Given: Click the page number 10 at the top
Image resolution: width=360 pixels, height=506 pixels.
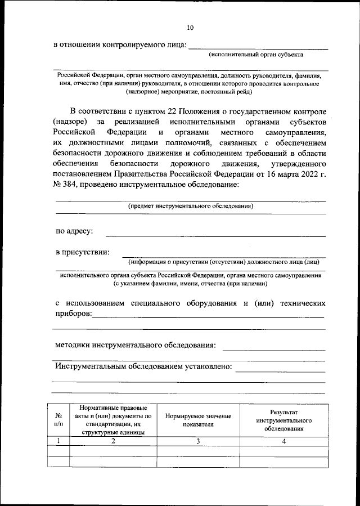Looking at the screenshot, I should tap(190, 26).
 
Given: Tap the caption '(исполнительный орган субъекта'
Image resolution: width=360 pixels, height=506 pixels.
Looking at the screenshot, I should tap(256, 55).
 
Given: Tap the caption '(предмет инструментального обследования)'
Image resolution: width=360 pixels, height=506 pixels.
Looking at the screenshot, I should tap(190, 206).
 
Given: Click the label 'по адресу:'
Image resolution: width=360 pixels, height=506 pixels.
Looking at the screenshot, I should tap(74, 231).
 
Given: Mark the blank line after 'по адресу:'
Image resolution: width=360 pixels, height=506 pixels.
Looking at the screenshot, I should tap(215, 235).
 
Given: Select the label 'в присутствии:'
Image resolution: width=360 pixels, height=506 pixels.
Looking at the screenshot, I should tap(82, 252).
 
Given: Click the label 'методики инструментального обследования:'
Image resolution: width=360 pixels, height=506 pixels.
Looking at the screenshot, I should tap(135, 344).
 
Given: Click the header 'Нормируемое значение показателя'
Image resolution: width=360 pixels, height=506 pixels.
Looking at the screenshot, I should tap(198, 420).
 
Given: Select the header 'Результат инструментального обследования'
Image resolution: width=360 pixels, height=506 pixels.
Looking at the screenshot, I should tap(284, 420).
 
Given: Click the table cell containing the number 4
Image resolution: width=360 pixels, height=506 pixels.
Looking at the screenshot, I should tap(284, 441).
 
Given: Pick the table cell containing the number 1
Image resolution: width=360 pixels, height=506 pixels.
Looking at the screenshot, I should tap(58, 441).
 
